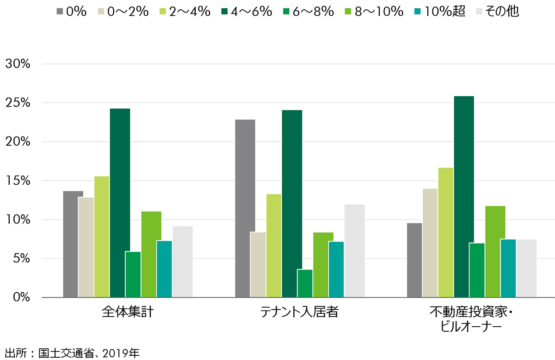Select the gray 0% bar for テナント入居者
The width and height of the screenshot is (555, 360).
pos(245,208)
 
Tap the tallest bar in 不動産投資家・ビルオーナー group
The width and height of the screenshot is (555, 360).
pos(463,197)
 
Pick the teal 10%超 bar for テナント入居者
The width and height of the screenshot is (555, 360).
pos(336,269)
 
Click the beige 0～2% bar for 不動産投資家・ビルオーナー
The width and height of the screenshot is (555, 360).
pos(430,243)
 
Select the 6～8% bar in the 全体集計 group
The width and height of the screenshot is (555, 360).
pos(133,274)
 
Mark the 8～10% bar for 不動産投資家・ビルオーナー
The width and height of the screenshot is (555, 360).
pos(495,252)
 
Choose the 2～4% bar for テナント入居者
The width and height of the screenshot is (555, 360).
pos(274,246)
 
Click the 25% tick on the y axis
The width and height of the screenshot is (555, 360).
pos(18,103)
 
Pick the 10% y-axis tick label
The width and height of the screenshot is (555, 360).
pos(18,220)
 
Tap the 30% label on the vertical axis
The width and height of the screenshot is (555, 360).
pos(18,64)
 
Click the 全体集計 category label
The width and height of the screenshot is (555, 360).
pos(128,312)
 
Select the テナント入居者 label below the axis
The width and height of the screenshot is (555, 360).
pos(299,312)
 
